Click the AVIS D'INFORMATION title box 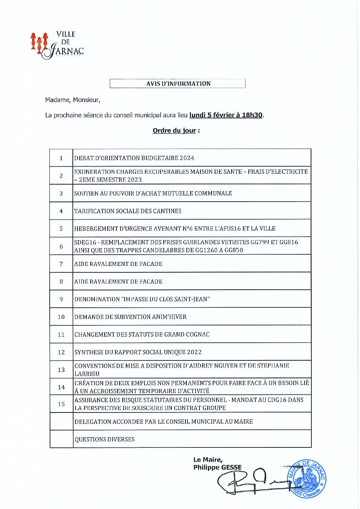click(177, 84)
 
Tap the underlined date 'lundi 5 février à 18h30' click(226, 115)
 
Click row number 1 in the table click(61, 158)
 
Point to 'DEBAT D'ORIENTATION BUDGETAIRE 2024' click(134, 158)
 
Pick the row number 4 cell click(61, 211)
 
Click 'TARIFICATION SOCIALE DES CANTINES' click(128, 211)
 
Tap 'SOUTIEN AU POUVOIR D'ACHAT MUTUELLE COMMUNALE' click(153, 193)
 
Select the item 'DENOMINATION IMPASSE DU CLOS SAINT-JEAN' click(142, 299)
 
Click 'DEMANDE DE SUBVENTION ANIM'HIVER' click(130, 317)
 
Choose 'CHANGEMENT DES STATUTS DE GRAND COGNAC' click(142, 335)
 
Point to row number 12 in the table click(61, 352)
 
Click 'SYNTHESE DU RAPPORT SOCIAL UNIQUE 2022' click(138, 352)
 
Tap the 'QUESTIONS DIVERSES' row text click(104, 439)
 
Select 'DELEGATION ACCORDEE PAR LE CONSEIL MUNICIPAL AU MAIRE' click(163, 422)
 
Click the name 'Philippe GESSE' click(217, 468)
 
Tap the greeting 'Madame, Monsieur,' click(72, 100)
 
